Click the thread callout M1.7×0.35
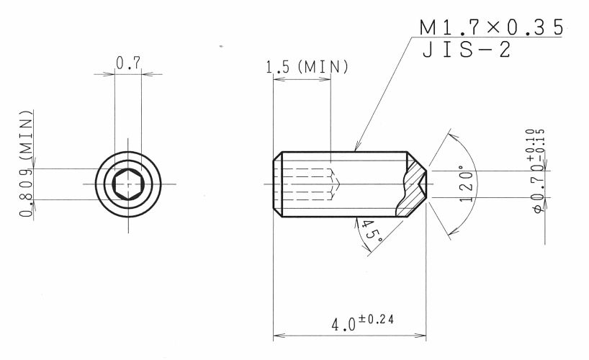pyautogui.click(x=491, y=27)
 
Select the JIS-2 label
pyautogui.click(x=467, y=50)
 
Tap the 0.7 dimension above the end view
pyautogui.click(x=128, y=63)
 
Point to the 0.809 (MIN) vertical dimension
pyautogui.click(x=26, y=163)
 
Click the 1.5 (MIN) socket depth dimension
pyautogui.click(x=307, y=67)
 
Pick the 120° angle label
pyautogui.click(x=467, y=184)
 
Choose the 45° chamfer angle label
pyautogui.click(x=372, y=230)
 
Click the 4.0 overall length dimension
pyautogui.click(x=343, y=324)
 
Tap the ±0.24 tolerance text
pyautogui.click(x=376, y=320)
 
